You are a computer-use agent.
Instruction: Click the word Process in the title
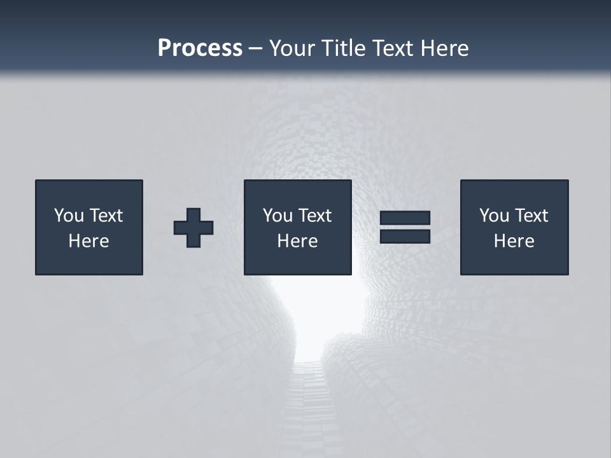pyautogui.click(x=200, y=48)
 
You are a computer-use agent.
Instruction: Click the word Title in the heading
pyautogui.click(x=346, y=48)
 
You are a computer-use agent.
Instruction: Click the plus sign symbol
pyautogui.click(x=193, y=228)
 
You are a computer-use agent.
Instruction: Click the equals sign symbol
pyautogui.click(x=405, y=227)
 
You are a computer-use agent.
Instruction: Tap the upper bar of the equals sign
pyautogui.click(x=405, y=218)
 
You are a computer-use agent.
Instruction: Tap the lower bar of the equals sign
pyautogui.click(x=405, y=236)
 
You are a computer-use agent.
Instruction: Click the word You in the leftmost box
pyautogui.click(x=69, y=216)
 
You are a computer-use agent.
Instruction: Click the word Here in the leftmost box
pyautogui.click(x=89, y=241)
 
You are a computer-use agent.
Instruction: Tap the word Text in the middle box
pyautogui.click(x=315, y=216)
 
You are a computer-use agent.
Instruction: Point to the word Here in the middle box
pyautogui.click(x=298, y=241)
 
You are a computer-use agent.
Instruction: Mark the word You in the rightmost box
pyautogui.click(x=494, y=216)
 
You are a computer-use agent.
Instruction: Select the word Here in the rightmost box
pyautogui.click(x=514, y=241)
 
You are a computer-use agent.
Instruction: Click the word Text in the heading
pyautogui.click(x=393, y=48)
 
